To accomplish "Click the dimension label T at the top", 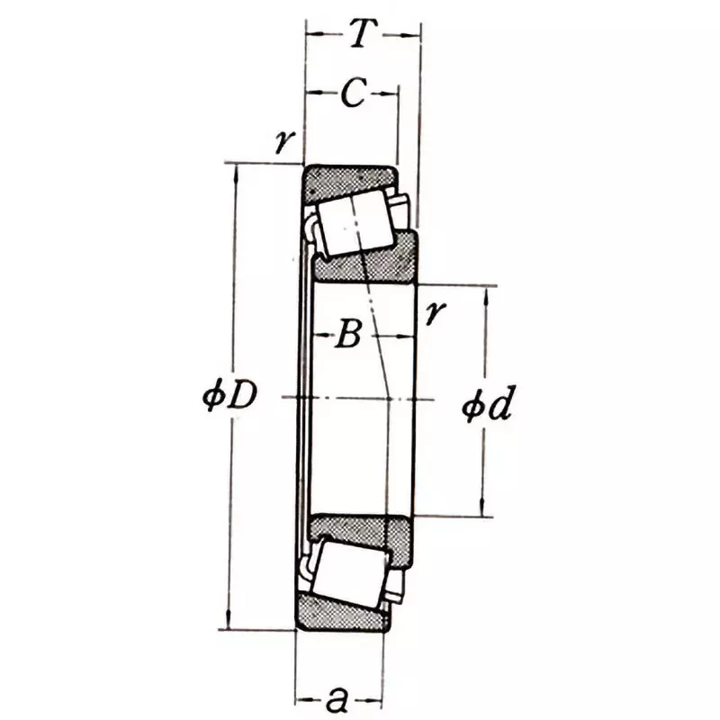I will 361,35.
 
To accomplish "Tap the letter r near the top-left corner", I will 287,143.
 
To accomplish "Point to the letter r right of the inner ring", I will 436,312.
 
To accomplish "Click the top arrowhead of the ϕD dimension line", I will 237,171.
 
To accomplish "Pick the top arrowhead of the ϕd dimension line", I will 485,293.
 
